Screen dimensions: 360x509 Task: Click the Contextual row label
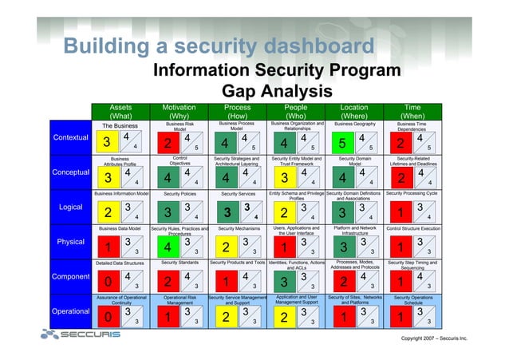click(x=70, y=137)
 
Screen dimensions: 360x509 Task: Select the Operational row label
click(x=70, y=311)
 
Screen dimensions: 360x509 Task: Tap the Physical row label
click(x=70, y=241)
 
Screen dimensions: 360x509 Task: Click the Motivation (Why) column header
click(x=179, y=110)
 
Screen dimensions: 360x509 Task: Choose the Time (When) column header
click(x=413, y=110)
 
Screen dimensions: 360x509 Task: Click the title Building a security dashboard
click(x=219, y=45)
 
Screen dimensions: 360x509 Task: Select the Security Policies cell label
click(x=179, y=193)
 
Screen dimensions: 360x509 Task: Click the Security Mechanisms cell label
click(x=237, y=228)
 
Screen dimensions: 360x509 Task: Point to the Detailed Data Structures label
click(x=120, y=263)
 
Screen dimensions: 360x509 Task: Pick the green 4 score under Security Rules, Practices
click(x=167, y=247)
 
